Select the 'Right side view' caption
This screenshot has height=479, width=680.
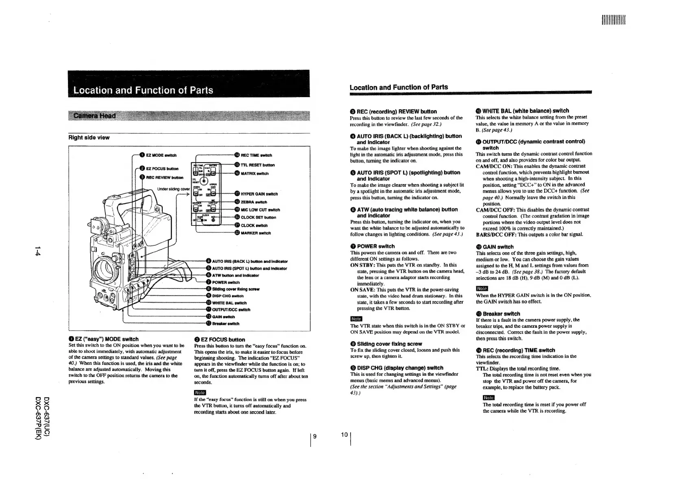[x=89, y=138]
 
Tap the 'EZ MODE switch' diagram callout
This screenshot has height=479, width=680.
[x=161, y=155]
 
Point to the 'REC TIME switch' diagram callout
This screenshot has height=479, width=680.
[x=256, y=155]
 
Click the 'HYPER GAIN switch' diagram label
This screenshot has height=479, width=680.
[x=259, y=194]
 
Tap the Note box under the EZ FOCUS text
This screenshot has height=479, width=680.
[x=200, y=392]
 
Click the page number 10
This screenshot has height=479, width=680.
[x=344, y=434]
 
